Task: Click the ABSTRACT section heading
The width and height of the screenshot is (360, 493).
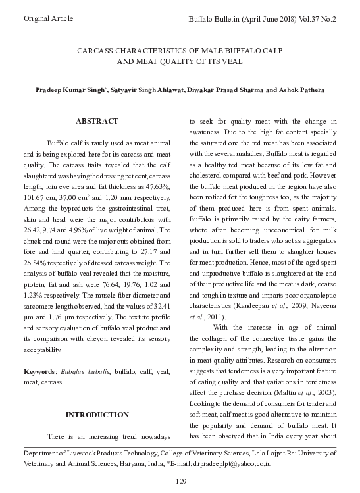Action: coord(97,122)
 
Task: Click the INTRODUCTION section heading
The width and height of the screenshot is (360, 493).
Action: coord(97,415)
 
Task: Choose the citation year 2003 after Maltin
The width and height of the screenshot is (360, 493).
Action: coord(327,392)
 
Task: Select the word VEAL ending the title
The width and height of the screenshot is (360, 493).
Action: coord(231,61)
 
